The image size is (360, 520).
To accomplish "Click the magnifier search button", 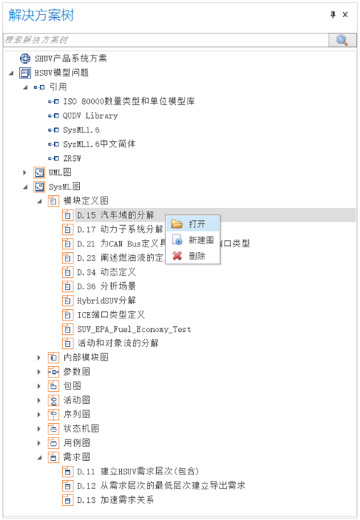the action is pyautogui.click(x=342, y=40).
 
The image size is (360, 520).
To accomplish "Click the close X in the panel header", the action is pyautogui.click(x=346, y=14).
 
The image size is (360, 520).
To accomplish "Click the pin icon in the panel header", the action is pyautogui.click(x=333, y=14).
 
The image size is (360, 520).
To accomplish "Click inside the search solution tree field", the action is pyautogui.click(x=166, y=40).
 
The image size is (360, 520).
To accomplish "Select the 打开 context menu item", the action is pyautogui.click(x=197, y=224).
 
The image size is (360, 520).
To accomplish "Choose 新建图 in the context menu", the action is pyautogui.click(x=201, y=240).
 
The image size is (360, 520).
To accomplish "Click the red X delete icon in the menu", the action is pyautogui.click(x=178, y=256).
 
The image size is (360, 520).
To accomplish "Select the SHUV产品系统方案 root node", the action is pyautogui.click(x=71, y=58).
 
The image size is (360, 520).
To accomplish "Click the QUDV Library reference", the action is pyautogui.click(x=91, y=115).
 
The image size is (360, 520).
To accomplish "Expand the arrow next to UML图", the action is pyautogui.click(x=24, y=172).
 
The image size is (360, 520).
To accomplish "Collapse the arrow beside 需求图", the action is pyautogui.click(x=39, y=457).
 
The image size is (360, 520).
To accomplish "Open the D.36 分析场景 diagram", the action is pyautogui.click(x=106, y=286).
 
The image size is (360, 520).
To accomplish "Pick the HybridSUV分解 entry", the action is pyautogui.click(x=106, y=301).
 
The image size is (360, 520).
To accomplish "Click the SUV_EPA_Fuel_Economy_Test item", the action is pyautogui.click(x=134, y=329).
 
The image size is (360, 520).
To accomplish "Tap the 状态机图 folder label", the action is pyautogui.click(x=81, y=429).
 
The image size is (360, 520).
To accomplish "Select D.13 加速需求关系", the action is pyautogui.click(x=115, y=500).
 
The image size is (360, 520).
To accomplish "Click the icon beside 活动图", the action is pyautogui.click(x=53, y=400).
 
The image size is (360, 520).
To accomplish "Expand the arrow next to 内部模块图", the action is pyautogui.click(x=38, y=358).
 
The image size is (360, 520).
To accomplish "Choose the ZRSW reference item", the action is pyautogui.click(x=72, y=158).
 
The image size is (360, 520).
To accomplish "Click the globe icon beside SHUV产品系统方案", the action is pyautogui.click(x=25, y=58).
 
